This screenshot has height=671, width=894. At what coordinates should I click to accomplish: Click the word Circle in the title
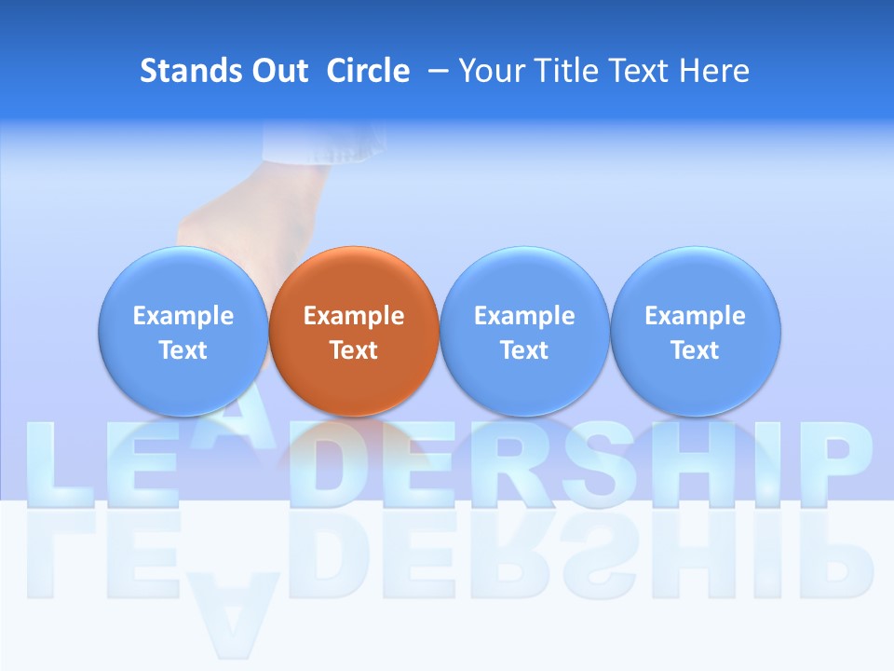tap(368, 71)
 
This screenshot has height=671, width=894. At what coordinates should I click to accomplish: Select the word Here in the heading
tap(713, 71)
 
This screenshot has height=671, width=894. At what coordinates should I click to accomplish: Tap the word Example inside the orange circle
tap(354, 316)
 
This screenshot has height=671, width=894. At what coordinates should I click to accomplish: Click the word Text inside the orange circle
tap(354, 350)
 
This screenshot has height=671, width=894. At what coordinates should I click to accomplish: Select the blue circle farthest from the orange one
tap(695, 331)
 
